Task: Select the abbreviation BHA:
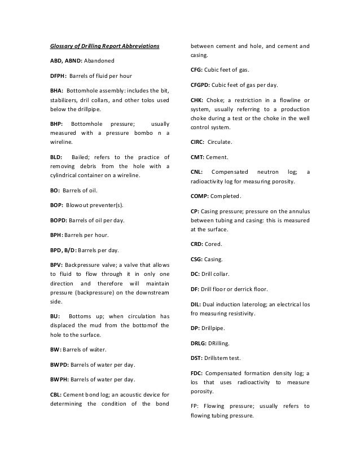coord(56,90)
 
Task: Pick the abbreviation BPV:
coord(55,264)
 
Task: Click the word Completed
coord(226,196)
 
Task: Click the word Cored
coord(214,245)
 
